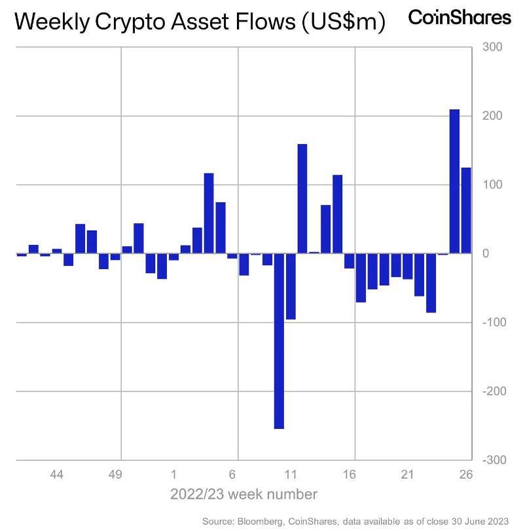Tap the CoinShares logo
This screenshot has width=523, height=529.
coord(460,18)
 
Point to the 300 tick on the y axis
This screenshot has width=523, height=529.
coord(492,47)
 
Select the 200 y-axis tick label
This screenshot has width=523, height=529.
coord(492,116)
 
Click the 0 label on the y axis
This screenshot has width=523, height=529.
coord(487,253)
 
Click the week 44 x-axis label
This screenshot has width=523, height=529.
coord(57,473)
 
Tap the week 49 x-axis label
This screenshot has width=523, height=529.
coord(115,473)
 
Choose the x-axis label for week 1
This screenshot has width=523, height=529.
coord(173,473)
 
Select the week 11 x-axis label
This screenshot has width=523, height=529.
coord(291,473)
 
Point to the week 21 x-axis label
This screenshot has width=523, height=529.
coord(407,473)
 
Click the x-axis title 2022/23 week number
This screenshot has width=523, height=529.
coord(244,494)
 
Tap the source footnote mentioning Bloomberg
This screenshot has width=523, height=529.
coord(356,520)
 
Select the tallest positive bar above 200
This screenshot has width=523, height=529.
coord(454,181)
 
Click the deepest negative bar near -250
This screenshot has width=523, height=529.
coord(279,340)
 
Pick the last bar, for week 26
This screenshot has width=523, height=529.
coord(466,210)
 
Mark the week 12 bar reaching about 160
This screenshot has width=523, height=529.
coord(302,198)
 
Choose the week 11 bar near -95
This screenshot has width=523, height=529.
coord(291,286)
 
